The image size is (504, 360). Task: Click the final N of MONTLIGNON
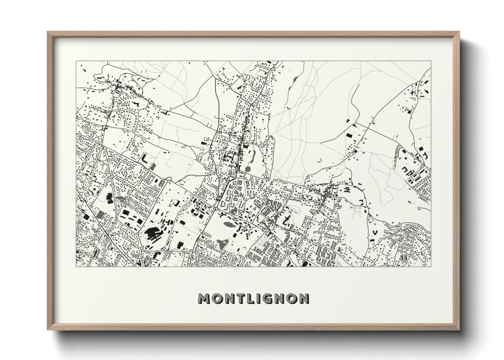[x=303, y=299]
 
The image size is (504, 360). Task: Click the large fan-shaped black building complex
[x=152, y=234]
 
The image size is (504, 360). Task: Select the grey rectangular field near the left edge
[x=100, y=214]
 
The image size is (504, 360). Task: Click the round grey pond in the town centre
[x=248, y=168]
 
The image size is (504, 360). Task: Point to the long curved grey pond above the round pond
[x=253, y=156]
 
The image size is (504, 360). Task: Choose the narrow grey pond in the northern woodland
[x=294, y=82]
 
